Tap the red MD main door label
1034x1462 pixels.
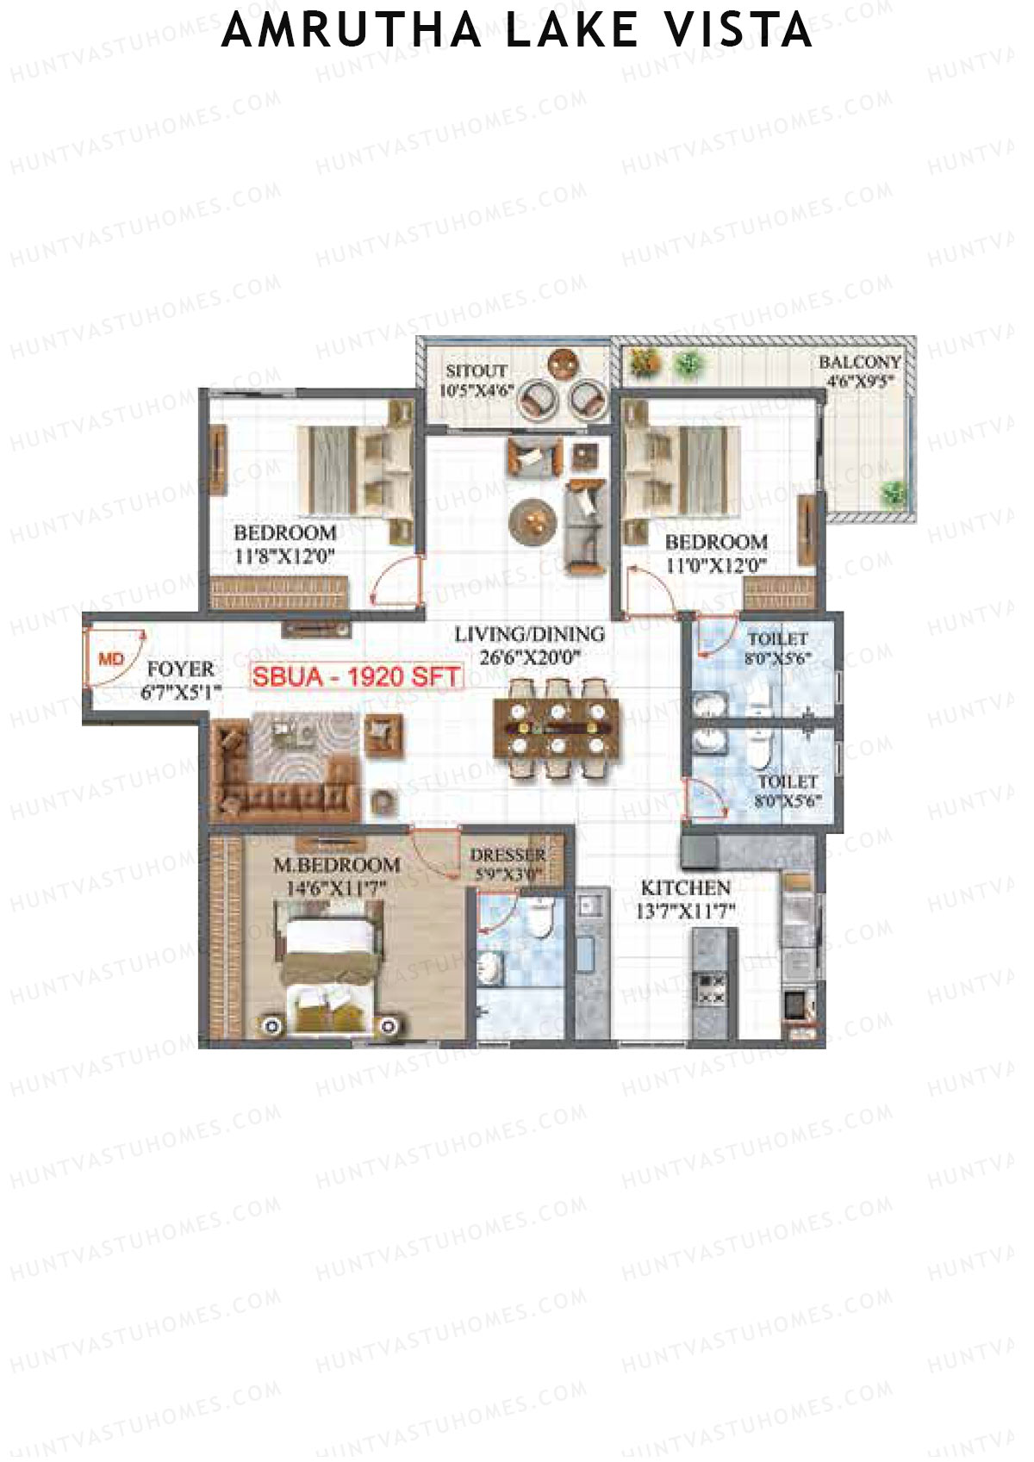(x=111, y=659)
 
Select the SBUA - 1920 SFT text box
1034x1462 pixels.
(x=357, y=676)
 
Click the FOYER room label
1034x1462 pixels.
(x=180, y=669)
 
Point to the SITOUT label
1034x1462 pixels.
(x=476, y=371)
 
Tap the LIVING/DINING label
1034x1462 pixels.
(x=529, y=635)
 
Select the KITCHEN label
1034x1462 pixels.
(x=686, y=887)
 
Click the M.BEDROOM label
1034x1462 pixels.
(x=336, y=865)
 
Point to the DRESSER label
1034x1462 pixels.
(x=508, y=855)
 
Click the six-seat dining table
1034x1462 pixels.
(x=556, y=729)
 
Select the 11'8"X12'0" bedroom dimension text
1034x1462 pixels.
(x=283, y=557)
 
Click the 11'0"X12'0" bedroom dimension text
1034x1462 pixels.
(x=716, y=566)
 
